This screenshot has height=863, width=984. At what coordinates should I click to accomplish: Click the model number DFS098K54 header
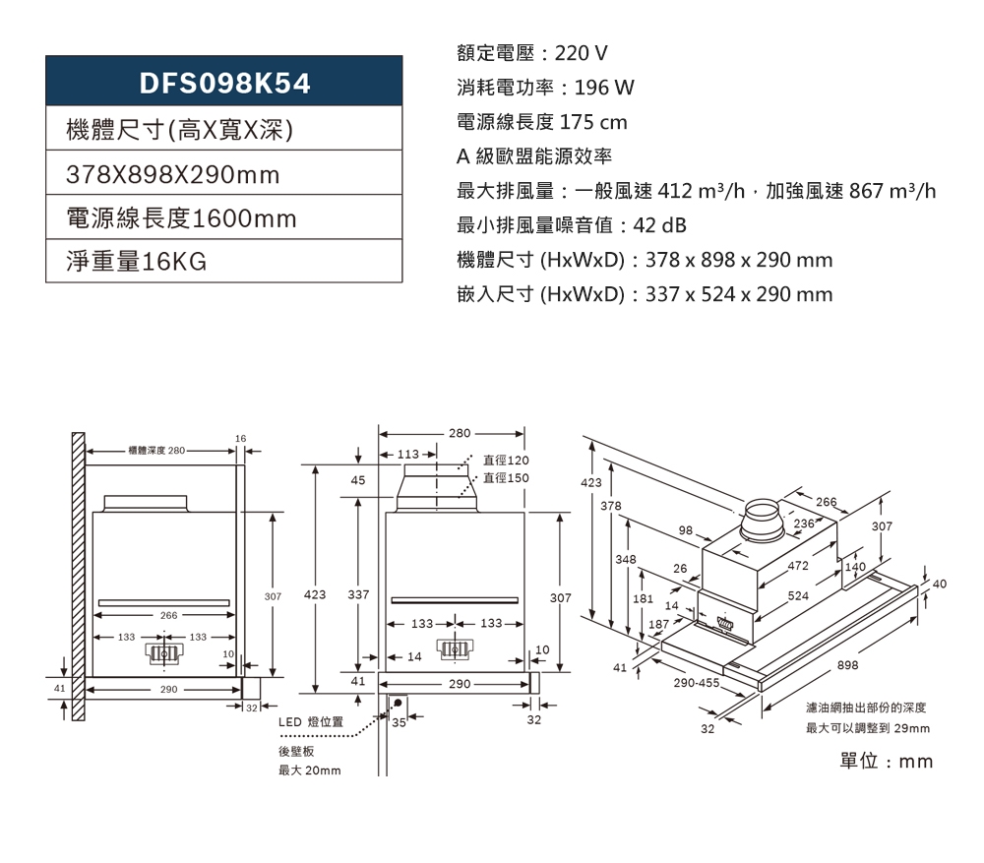tap(224, 84)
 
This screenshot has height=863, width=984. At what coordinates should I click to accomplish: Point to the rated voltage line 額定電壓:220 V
tap(532, 52)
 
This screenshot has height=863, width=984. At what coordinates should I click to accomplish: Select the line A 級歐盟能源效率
tap(534, 156)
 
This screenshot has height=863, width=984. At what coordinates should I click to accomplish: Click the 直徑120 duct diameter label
tap(507, 461)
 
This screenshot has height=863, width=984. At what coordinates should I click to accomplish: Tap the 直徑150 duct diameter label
tap(507, 478)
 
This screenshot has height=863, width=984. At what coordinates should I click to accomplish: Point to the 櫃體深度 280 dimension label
tap(155, 450)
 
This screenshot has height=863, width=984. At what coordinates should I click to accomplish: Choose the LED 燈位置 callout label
tap(310, 722)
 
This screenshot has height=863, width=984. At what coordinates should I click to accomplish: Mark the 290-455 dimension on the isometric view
tap(696, 682)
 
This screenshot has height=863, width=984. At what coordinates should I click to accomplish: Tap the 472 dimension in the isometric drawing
tap(798, 566)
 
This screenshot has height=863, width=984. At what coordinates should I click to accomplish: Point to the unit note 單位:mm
tap(886, 762)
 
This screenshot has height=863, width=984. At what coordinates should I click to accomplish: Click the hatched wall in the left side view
tap(77, 556)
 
